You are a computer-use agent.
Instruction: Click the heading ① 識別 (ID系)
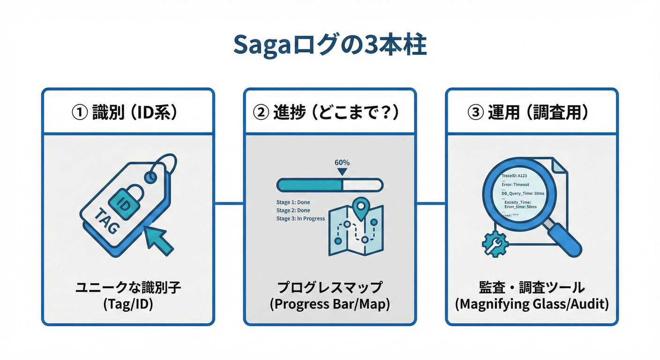tap(128, 112)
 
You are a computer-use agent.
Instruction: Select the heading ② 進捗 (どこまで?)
tap(330, 112)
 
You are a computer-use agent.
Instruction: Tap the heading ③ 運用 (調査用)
tap(532, 112)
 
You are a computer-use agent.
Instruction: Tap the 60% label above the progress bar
tap(342, 163)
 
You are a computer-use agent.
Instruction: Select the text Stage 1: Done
tap(293, 202)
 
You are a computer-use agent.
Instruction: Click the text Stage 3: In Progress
tap(300, 218)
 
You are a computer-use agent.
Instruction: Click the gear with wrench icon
tap(495, 244)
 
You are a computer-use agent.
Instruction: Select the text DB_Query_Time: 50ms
tap(523, 194)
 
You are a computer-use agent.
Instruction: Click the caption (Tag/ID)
tap(128, 304)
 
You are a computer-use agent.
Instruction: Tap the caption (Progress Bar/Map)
tap(330, 304)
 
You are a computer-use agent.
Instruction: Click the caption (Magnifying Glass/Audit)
tap(532, 304)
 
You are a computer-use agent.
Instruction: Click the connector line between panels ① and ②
tap(229, 203)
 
